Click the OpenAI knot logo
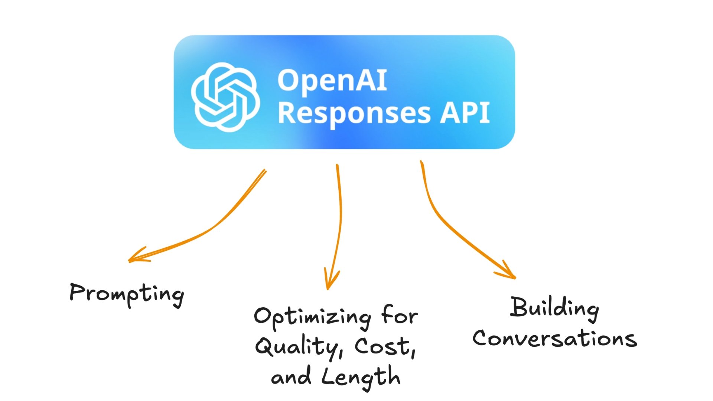click(x=225, y=97)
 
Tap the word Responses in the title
click(x=354, y=113)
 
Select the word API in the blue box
click(x=465, y=113)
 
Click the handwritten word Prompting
click(x=127, y=294)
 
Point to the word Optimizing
click(x=312, y=317)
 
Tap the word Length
click(x=361, y=377)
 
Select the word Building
click(x=554, y=308)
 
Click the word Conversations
click(x=554, y=338)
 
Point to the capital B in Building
click(x=519, y=307)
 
